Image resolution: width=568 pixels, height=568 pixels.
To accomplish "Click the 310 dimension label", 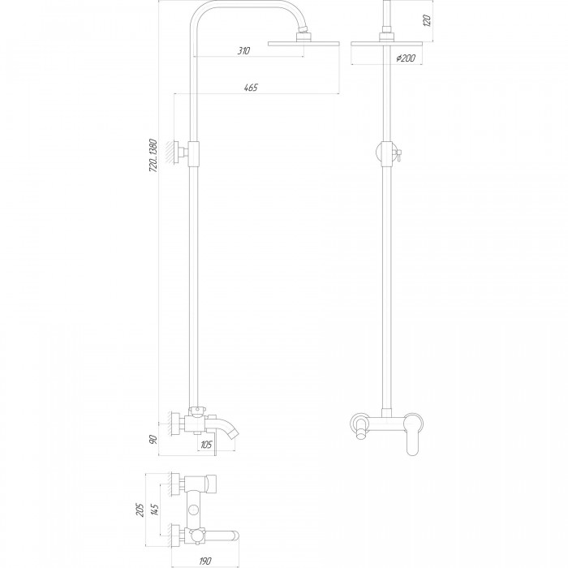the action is click(243, 50).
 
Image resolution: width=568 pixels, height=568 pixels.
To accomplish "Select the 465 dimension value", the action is click(251, 88).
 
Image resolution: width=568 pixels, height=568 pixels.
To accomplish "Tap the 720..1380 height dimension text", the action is click(153, 156).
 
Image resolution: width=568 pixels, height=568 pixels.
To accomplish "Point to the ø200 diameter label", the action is click(406, 58).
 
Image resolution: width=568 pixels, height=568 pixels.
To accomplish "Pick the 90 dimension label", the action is click(153, 440).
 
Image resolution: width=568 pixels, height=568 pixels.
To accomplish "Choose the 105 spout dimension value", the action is click(206, 445).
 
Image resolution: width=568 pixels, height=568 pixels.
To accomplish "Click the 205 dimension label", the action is click(140, 510).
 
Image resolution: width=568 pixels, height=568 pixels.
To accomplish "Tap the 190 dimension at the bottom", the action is click(205, 562).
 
